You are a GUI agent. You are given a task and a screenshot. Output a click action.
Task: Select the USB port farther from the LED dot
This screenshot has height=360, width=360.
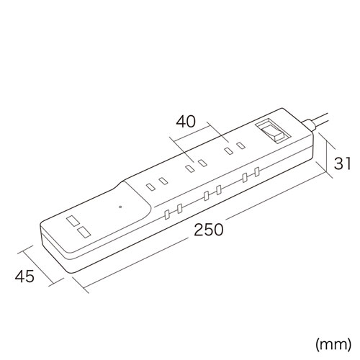click(73, 220)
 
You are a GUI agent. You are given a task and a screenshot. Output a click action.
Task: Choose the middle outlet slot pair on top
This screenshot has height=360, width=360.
click(195, 167)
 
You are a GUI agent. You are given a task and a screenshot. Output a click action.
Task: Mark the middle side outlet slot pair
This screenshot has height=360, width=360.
click(211, 194)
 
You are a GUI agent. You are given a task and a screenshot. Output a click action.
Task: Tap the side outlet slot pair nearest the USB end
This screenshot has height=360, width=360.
click(172, 213)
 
